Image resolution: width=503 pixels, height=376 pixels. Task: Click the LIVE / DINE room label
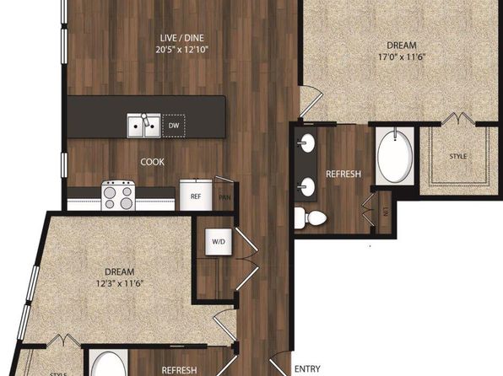[x=182, y=38]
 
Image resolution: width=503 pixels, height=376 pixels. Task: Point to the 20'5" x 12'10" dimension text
[x=182, y=50]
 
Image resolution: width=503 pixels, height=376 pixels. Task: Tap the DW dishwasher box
[x=174, y=126]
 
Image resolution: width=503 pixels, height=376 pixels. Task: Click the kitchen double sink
[x=143, y=126]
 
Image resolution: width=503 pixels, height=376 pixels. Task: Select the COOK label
[x=153, y=162]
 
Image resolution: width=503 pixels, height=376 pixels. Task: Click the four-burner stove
[x=118, y=196]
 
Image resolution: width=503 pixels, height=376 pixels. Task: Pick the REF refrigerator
[x=196, y=195]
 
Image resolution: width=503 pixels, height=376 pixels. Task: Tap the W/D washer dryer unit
[x=219, y=242]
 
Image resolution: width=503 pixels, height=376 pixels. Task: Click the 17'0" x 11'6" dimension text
[x=402, y=57]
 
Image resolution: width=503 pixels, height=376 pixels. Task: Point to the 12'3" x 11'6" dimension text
[x=120, y=283]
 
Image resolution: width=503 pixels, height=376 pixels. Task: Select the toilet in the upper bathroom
[x=310, y=218]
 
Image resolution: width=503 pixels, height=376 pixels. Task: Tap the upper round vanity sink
[x=306, y=142]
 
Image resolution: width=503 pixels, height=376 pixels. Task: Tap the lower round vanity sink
[x=306, y=186]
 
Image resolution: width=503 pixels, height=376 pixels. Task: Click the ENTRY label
[x=307, y=369]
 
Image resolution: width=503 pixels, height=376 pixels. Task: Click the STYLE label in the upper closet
[x=458, y=157]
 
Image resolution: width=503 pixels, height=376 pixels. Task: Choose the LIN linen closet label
[x=385, y=212]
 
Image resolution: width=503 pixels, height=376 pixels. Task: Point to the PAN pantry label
[x=224, y=197]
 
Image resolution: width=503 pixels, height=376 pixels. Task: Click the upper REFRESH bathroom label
[x=343, y=174]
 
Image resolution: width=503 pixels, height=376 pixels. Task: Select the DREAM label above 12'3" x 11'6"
[x=120, y=271]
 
